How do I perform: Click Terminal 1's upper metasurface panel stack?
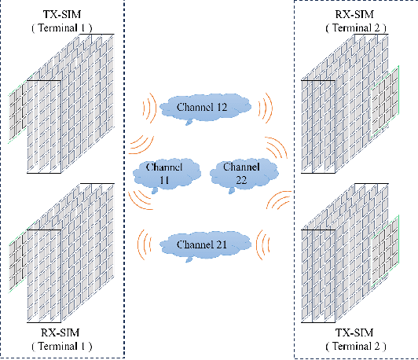(63, 106)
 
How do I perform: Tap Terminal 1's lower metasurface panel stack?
(63, 252)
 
